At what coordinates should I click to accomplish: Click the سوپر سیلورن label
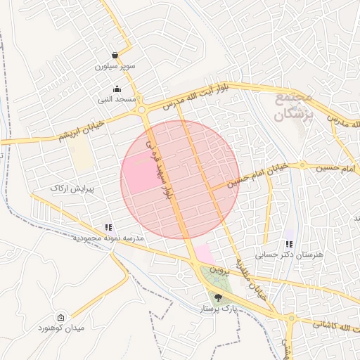coord(114,67)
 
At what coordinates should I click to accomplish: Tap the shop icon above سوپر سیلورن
coord(115,56)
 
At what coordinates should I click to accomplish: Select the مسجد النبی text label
coord(117,100)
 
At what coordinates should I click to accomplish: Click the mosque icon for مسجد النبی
coord(117,89)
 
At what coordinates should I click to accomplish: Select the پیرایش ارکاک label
coord(72,188)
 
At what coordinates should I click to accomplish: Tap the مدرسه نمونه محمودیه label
coord(108,238)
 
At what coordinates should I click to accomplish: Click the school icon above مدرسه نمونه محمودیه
coord(108,227)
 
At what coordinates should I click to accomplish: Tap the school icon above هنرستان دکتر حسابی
coord(288,244)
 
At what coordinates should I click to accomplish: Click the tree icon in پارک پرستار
coord(218,297)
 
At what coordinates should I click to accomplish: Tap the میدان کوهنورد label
coord(61,328)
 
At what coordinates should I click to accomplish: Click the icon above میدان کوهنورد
coord(60,317)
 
